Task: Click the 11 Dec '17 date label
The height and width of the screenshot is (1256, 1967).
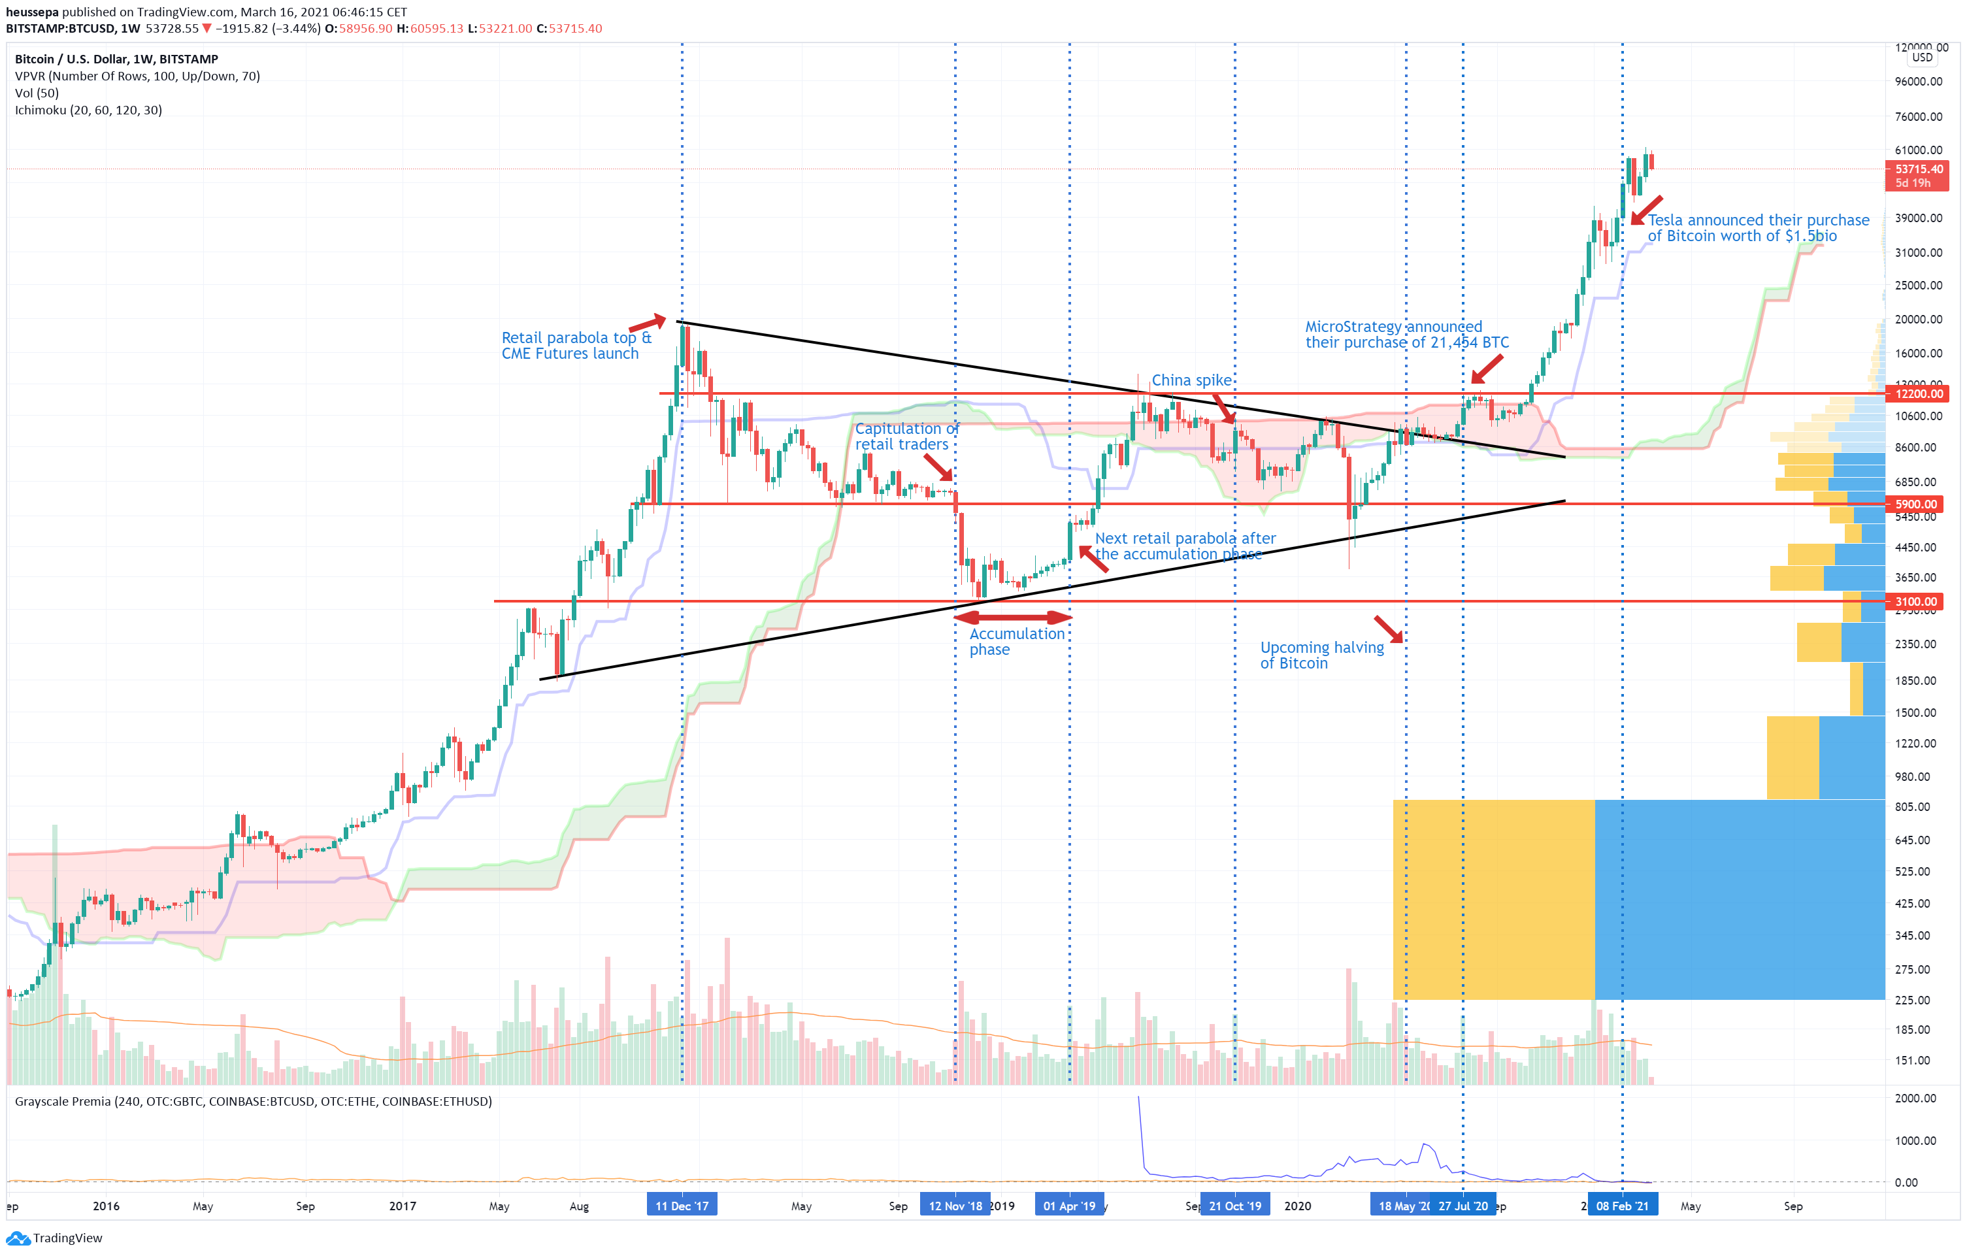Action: coord(682,1206)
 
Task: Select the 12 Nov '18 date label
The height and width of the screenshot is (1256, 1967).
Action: coord(955,1206)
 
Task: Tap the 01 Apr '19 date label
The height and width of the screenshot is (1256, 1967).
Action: coord(1069,1206)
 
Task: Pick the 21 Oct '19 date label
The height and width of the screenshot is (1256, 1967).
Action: coord(1234,1206)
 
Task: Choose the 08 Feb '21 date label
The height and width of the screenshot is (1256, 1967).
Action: coord(1622,1206)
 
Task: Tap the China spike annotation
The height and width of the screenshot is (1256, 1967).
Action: coord(1191,380)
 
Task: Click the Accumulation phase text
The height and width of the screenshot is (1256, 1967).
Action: coord(1016,641)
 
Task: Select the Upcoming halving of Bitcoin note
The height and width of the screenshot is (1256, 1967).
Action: coord(1321,655)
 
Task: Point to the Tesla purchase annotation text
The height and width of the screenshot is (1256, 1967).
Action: coord(1757,228)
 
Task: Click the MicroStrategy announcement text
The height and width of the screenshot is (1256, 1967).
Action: coord(1406,334)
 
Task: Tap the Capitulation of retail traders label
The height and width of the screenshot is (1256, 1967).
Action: coord(905,436)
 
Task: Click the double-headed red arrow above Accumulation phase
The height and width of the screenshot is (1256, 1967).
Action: coord(1013,618)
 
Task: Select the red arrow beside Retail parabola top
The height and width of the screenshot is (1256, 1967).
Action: coord(648,323)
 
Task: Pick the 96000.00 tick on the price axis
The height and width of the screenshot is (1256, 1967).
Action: coord(1918,82)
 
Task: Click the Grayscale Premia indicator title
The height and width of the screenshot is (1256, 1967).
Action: coord(254,1101)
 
